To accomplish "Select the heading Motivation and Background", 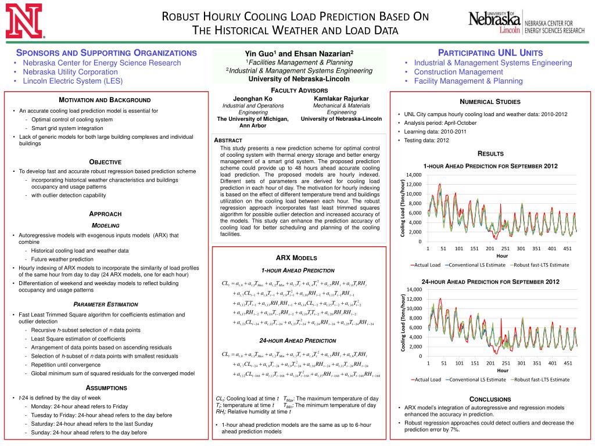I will (x=105, y=100).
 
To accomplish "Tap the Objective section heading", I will (x=105, y=161).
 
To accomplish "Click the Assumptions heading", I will (x=106, y=387).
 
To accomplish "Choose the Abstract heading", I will (x=228, y=141).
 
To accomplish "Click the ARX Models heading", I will (x=296, y=257).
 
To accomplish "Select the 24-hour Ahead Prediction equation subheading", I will (x=297, y=340).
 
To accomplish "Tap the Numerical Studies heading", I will (x=490, y=102).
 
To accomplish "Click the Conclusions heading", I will (x=490, y=399).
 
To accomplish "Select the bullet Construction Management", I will (x=458, y=72).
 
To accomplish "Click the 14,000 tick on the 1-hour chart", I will (x=414, y=175).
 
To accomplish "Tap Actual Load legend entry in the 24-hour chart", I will (x=427, y=379).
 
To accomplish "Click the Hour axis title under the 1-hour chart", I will (x=502, y=256).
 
